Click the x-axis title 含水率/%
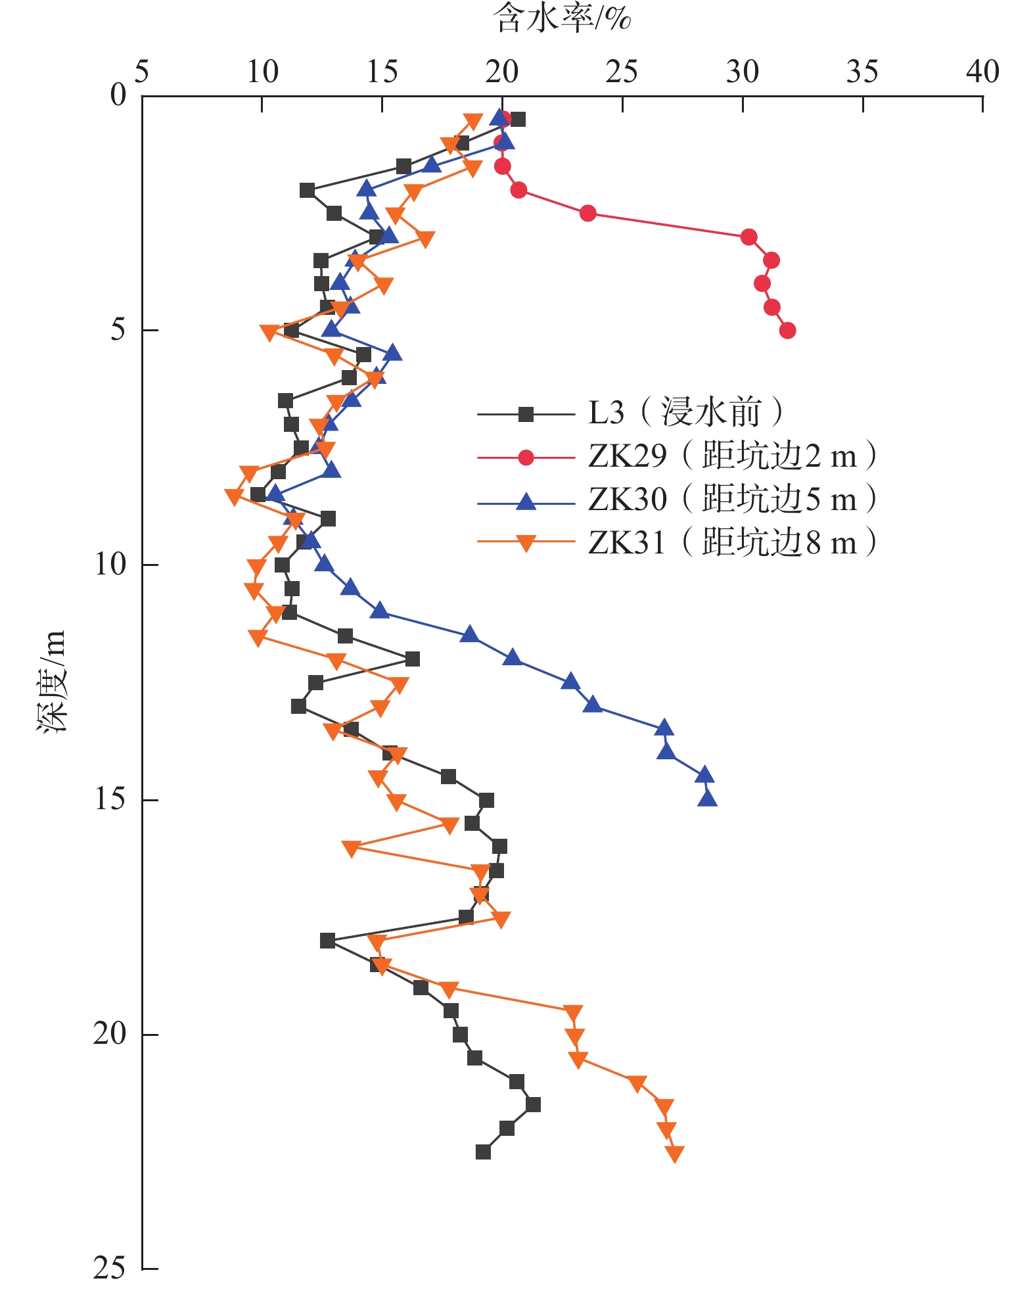click(562, 18)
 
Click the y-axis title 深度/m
click(51, 681)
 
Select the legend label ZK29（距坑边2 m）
click(732, 456)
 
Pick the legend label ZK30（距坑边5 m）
click(732, 500)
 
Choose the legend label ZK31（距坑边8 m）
click(732, 543)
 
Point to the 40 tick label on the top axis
click(982, 71)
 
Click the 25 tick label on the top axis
click(622, 71)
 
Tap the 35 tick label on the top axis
click(862, 71)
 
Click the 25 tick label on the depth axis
click(109, 1268)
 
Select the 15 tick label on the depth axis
click(109, 799)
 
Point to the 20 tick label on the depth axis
click(109, 1033)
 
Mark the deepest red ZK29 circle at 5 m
click(787, 330)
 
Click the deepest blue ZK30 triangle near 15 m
click(707, 798)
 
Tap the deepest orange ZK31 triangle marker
click(674, 1154)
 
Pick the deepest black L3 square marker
click(483, 1152)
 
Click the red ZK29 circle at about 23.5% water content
click(588, 213)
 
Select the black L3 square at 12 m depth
click(412, 659)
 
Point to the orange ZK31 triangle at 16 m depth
click(352, 848)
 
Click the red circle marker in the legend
click(526, 457)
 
